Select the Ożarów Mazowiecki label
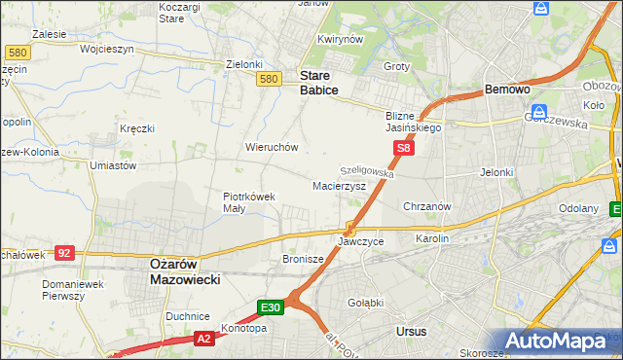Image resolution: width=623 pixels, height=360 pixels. coord(184,270)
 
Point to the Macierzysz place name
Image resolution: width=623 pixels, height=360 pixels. coord(339,185)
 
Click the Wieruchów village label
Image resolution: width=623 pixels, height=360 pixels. coord(271,148)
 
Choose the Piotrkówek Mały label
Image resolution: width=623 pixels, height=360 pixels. coord(249,201)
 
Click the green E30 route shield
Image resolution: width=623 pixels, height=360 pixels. coord(271,307)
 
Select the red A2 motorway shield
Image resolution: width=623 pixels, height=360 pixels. coord(203,339)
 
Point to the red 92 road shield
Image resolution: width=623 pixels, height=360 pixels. coord(64,252)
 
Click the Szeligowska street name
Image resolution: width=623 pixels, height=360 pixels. coord(367,169)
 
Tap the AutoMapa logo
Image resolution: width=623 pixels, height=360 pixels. coord(557,342)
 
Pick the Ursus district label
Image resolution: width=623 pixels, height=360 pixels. coord(412,332)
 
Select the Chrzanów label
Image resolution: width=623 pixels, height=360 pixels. coord(426,206)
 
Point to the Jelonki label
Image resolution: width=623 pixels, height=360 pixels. coord(496,172)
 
